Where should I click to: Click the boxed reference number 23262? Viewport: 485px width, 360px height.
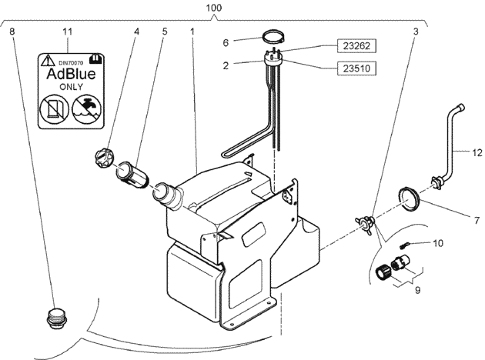pyautogui.click(x=356, y=46)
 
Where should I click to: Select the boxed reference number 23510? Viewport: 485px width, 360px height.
pyautogui.click(x=356, y=68)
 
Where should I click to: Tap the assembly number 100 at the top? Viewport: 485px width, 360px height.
pyautogui.click(x=214, y=8)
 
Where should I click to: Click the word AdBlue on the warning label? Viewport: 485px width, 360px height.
pyautogui.click(x=71, y=74)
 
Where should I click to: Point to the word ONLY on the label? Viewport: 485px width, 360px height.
pyautogui.click(x=71, y=87)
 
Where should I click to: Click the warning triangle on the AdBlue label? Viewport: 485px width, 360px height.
pyautogui.click(x=48, y=60)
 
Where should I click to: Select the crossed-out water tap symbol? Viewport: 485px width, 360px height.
pyautogui.click(x=87, y=108)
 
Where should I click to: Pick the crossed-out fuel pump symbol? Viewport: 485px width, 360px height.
pyautogui.click(x=55, y=108)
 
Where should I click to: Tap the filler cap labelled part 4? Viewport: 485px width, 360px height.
pyautogui.click(x=105, y=158)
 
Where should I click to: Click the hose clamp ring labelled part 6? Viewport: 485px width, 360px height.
pyautogui.click(x=274, y=37)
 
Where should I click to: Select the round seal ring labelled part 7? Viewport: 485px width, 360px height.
pyautogui.click(x=408, y=199)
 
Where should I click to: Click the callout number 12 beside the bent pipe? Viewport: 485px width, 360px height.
pyautogui.click(x=477, y=152)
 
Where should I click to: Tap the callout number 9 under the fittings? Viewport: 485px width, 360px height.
pyautogui.click(x=417, y=290)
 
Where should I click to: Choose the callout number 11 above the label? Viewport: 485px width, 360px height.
pyautogui.click(x=68, y=32)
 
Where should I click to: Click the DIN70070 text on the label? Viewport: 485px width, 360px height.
pyautogui.click(x=71, y=63)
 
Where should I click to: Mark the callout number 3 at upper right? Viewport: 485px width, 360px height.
pyautogui.click(x=416, y=32)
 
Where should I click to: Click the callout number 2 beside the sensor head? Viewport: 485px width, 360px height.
pyautogui.click(x=226, y=66)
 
